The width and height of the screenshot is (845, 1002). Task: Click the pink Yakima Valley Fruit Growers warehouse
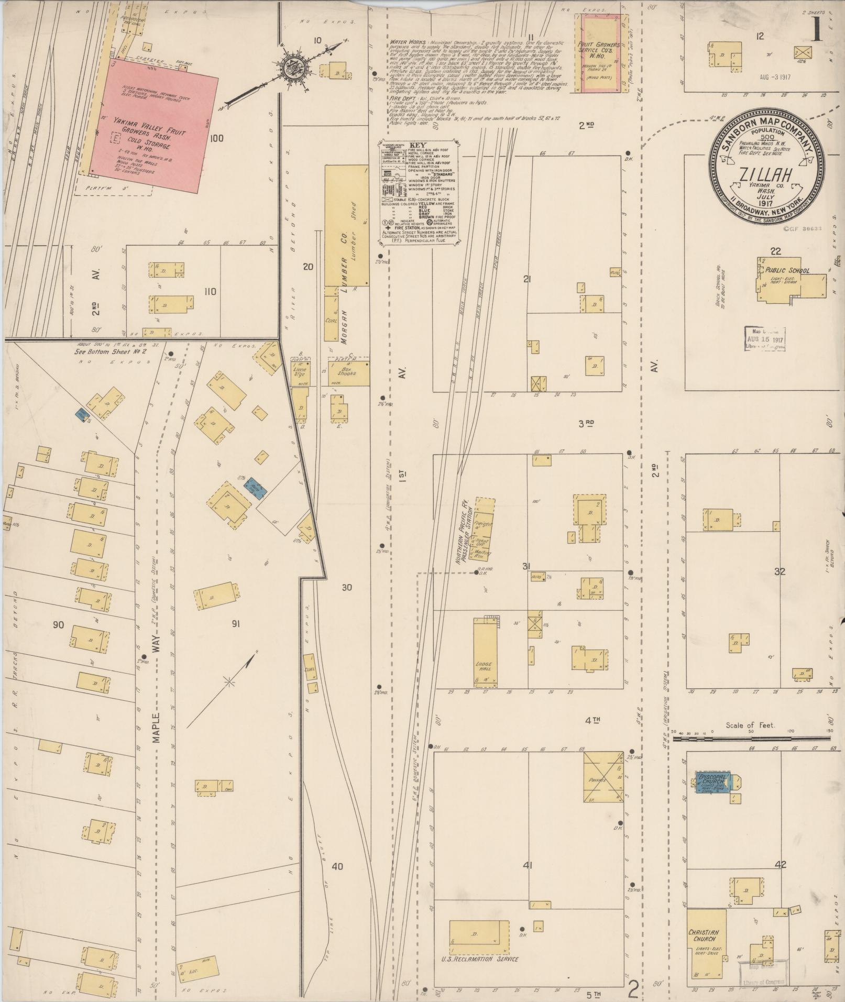[x=152, y=126]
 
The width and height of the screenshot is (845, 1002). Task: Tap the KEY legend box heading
[x=418, y=145]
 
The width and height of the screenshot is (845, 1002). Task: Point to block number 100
[x=216, y=138]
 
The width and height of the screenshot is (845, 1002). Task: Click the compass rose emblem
[x=290, y=68]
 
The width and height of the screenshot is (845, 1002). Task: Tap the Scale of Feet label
[x=751, y=725]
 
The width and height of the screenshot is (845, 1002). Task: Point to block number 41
[x=528, y=865]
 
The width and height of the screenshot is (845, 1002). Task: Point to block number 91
[x=236, y=624]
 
